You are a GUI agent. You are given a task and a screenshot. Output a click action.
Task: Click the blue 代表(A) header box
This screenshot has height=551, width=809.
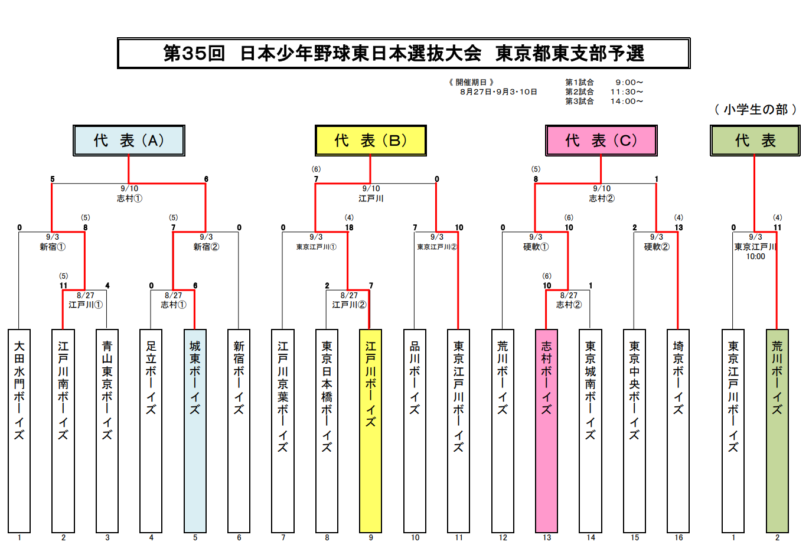[x=129, y=141]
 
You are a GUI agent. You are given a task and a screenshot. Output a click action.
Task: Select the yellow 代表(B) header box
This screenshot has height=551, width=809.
[x=370, y=141]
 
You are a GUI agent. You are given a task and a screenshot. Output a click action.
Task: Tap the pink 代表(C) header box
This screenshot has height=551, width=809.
[x=601, y=141]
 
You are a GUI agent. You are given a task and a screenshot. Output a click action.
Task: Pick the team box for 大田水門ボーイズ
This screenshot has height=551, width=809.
[x=19, y=431]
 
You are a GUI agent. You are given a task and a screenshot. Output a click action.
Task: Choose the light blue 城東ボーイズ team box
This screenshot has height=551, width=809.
[x=195, y=431]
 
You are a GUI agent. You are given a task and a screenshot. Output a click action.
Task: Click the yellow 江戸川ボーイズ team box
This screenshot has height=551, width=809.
[x=370, y=431]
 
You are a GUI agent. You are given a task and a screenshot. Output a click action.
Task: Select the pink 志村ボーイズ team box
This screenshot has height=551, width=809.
[x=546, y=431]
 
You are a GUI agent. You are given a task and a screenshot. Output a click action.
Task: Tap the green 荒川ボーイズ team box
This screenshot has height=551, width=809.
[x=777, y=431]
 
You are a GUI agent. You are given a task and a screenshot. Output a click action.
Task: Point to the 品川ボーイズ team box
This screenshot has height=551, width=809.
[x=415, y=431]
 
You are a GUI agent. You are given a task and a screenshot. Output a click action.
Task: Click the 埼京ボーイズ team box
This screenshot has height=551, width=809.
[x=678, y=431]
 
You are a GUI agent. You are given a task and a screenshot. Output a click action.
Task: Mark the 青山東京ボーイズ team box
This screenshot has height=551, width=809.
[x=107, y=431]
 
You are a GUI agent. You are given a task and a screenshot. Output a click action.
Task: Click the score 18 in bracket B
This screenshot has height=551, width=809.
[x=349, y=227]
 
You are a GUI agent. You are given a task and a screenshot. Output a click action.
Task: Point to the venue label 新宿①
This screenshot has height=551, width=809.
[x=53, y=247]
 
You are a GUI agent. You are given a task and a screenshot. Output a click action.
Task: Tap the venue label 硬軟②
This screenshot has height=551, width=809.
[x=657, y=247]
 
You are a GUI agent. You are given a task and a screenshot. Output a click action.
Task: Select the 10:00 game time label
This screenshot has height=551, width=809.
[x=755, y=256]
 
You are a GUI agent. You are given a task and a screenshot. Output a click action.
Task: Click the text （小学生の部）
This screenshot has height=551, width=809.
[x=755, y=109]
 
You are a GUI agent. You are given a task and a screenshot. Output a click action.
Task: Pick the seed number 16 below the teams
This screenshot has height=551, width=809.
[x=678, y=537]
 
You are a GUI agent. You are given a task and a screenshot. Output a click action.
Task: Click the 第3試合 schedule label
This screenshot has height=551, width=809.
[x=579, y=102]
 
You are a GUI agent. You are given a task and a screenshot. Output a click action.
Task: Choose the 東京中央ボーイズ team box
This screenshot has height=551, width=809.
[x=634, y=431]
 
